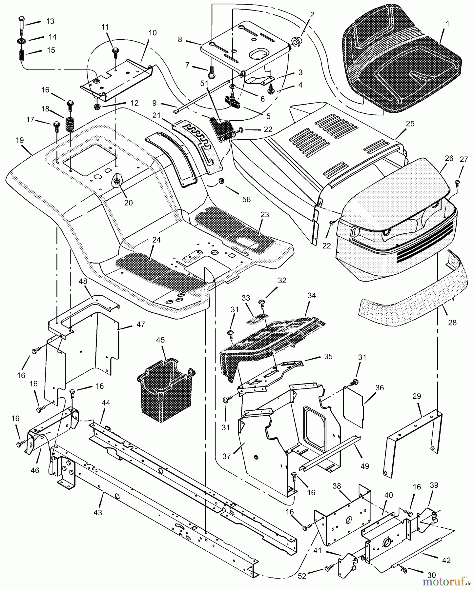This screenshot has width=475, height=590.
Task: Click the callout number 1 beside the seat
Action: (448, 24)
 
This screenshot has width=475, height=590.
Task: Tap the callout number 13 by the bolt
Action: (50, 21)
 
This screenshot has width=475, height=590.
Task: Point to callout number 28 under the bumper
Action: (452, 323)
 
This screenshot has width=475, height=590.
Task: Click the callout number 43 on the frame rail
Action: (98, 513)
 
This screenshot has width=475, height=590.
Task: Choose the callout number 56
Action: (246, 199)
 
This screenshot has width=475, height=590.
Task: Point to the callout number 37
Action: (227, 456)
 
